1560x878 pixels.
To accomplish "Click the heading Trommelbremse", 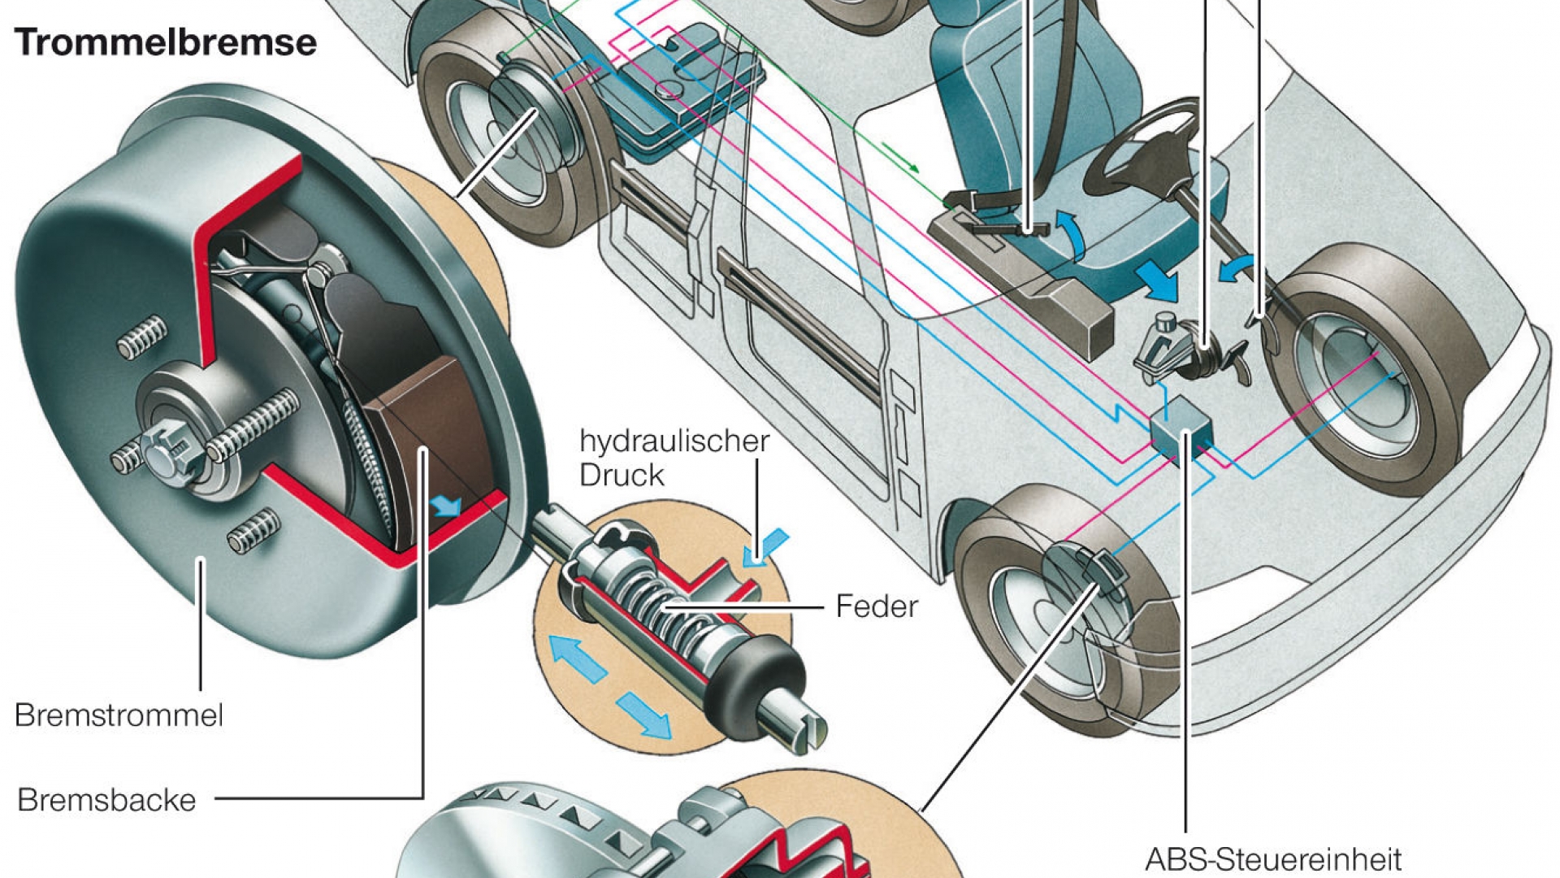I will coord(165,42).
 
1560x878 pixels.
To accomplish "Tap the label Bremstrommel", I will coord(119,715).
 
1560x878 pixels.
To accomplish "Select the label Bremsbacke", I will coord(106,800).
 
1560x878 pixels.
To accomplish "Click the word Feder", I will coord(877,606).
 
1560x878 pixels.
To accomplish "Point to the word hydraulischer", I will coord(674,441).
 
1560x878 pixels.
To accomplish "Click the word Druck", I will coord(622,475).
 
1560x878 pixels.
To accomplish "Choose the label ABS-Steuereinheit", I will coord(1273,859).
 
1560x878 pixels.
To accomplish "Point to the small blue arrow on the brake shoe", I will coord(445,506).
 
